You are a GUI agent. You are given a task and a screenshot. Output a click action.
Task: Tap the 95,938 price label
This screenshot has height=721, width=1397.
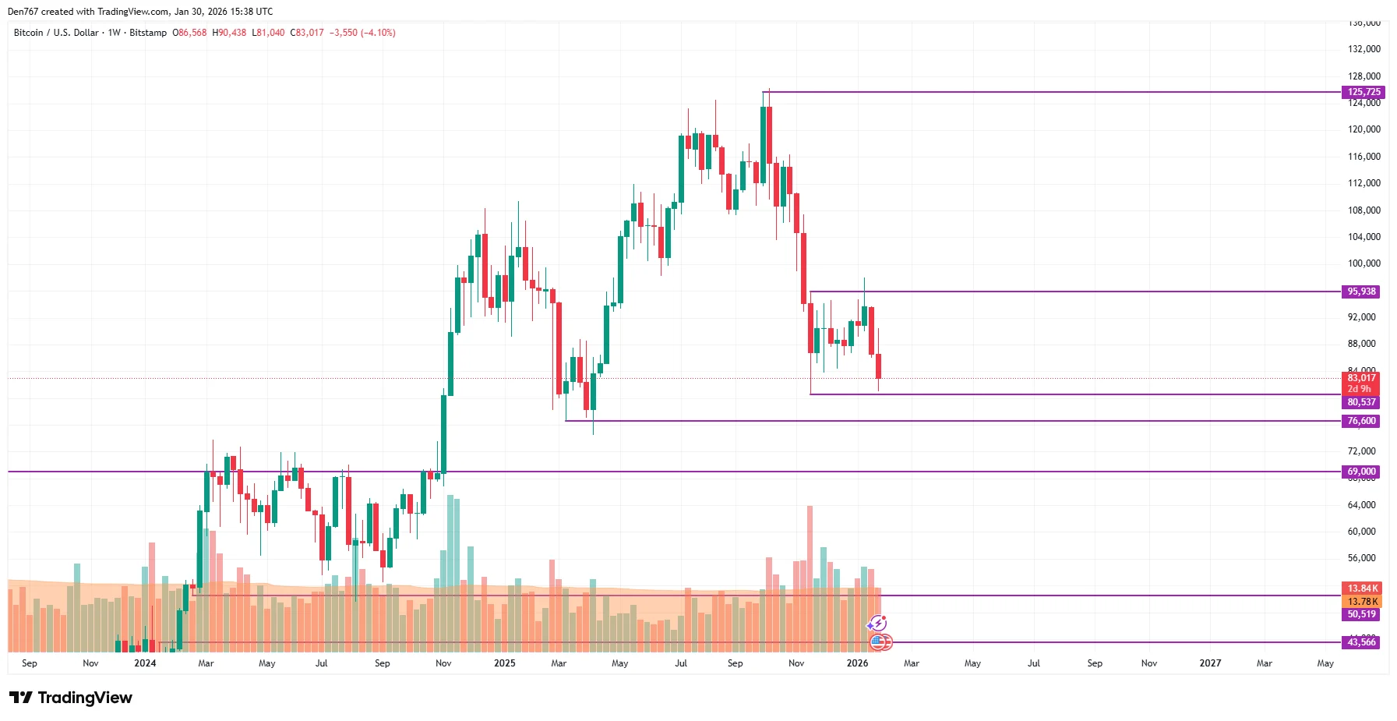tap(1361, 292)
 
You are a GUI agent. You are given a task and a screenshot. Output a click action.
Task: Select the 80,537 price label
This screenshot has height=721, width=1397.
tap(1361, 402)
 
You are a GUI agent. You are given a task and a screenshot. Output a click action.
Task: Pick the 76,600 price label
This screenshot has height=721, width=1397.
tap(1361, 421)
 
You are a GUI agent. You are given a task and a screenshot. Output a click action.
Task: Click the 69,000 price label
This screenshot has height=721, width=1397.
tap(1361, 472)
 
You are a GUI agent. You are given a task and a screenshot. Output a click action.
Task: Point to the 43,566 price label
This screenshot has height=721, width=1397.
tap(1361, 642)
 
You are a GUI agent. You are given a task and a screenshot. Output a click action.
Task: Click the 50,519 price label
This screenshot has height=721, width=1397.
tap(1361, 614)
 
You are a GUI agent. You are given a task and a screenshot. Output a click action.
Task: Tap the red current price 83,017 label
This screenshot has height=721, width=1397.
tap(1361, 378)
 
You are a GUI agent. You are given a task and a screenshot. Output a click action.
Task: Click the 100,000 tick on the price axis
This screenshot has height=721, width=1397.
tap(1363, 263)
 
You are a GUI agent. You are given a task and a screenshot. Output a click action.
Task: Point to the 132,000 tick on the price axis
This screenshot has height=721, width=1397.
tap(1363, 49)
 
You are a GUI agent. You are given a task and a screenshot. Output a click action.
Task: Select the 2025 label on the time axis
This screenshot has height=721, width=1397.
tap(504, 663)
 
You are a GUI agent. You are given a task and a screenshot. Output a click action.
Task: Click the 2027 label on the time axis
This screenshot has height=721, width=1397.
tap(1209, 663)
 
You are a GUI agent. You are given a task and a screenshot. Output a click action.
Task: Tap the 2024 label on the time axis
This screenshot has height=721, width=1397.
tap(145, 663)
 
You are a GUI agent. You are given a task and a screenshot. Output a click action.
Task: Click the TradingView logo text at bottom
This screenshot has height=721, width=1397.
tap(84, 698)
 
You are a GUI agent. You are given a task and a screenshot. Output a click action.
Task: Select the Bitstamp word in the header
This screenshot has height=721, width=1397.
tap(148, 33)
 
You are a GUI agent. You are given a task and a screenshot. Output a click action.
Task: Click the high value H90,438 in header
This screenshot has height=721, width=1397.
tap(229, 33)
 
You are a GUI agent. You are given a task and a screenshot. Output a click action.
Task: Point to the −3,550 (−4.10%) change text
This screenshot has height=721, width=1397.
tap(362, 33)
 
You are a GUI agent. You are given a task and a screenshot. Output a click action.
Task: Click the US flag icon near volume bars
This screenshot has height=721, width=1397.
tap(879, 642)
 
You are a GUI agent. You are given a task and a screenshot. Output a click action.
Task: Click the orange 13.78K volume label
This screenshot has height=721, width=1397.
tap(1361, 602)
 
